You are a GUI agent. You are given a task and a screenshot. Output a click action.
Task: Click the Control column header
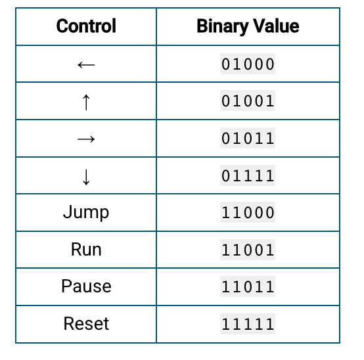click(x=86, y=26)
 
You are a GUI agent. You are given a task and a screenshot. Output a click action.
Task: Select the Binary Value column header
click(x=248, y=26)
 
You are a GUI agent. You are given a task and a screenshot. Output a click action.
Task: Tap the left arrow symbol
click(x=86, y=65)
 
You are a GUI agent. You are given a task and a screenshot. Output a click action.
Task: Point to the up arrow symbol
click(x=86, y=102)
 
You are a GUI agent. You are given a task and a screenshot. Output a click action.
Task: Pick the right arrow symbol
click(x=86, y=139)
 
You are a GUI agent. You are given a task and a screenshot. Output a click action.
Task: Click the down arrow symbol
click(x=86, y=177)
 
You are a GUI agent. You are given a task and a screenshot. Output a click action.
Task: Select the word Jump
click(x=86, y=212)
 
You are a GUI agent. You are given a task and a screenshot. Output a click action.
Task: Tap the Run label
click(x=86, y=250)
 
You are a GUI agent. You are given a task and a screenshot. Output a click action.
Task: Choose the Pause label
click(x=86, y=286)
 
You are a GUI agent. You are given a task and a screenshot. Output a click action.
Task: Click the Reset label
click(x=86, y=324)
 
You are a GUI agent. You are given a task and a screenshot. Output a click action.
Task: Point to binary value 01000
click(x=248, y=64)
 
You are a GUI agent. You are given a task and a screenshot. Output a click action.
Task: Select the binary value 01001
click(x=248, y=101)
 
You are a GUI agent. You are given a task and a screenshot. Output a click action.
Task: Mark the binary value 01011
click(x=248, y=139)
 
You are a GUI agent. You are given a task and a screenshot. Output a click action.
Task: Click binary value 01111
click(x=248, y=175)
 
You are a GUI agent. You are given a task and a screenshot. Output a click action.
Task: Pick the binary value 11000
click(x=248, y=213)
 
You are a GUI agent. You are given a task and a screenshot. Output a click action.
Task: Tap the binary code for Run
click(x=248, y=250)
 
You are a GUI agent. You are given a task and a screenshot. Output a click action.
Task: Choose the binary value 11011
click(x=248, y=286)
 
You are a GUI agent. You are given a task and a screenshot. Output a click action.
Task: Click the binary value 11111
click(x=248, y=324)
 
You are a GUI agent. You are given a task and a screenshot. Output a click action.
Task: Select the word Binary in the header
click(x=222, y=26)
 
